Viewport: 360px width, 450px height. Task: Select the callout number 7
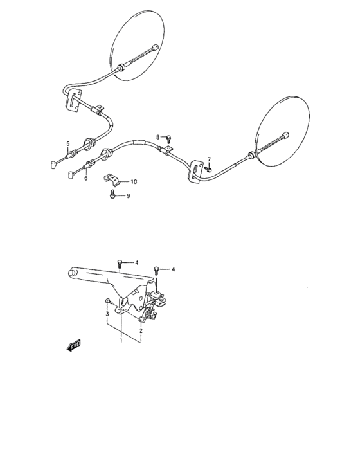208,159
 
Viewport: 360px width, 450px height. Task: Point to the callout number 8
158,136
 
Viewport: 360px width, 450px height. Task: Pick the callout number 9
128,196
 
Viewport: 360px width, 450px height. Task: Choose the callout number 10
133,181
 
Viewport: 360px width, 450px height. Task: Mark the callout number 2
141,330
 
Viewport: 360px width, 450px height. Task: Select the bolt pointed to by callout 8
168,138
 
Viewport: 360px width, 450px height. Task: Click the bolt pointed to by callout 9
113,195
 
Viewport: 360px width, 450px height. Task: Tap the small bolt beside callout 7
209,168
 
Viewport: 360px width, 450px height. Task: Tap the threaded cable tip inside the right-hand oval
285,136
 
